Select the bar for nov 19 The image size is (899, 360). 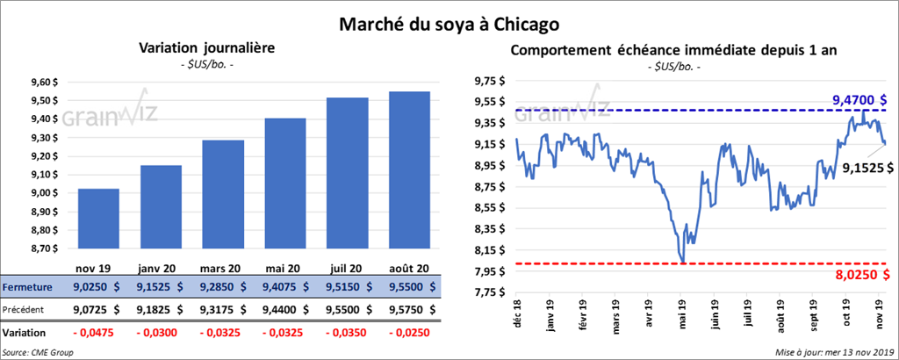click(98, 220)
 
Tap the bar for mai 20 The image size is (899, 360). click(285, 184)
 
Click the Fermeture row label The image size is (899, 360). click(26, 287)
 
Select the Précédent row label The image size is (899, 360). click(25, 309)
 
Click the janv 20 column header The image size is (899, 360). click(160, 268)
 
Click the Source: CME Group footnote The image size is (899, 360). click(39, 351)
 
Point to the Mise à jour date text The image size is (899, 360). click(834, 351)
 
